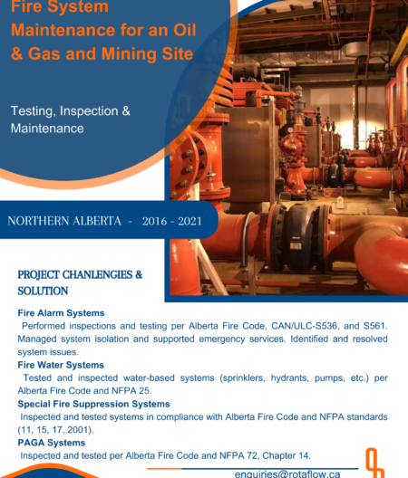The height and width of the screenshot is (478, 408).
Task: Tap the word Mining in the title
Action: pyautogui.click(x=126, y=53)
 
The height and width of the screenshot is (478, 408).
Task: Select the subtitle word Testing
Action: pyautogui.click(x=33, y=110)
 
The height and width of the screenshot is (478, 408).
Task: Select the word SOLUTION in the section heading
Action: pyautogui.click(x=42, y=292)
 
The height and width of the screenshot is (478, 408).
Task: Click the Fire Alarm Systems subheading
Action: pyautogui.click(x=61, y=312)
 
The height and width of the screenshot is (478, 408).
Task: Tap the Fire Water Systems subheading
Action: pyautogui.click(x=61, y=365)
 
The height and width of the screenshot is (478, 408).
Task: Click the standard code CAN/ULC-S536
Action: pyautogui.click(x=294, y=325)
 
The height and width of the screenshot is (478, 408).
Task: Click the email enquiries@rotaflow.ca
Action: pyautogui.click(x=287, y=473)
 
